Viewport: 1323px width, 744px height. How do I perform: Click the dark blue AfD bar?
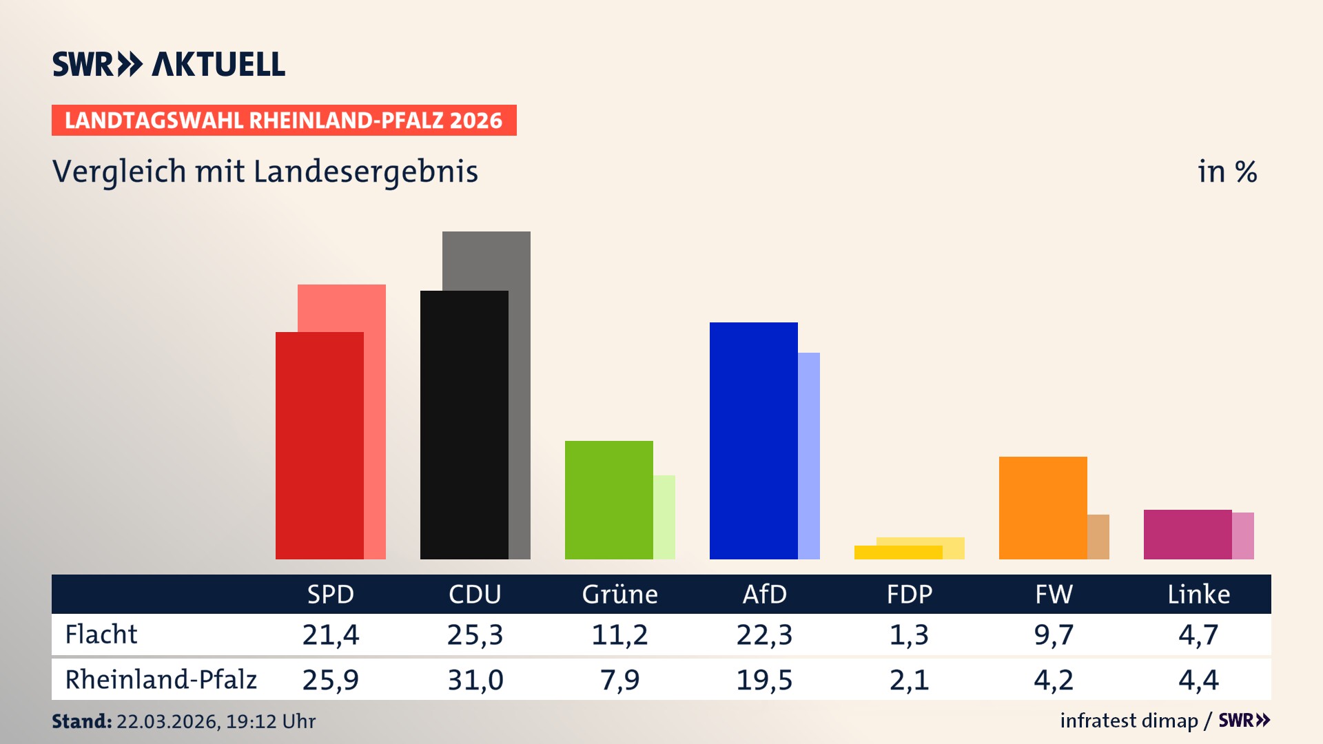click(753, 440)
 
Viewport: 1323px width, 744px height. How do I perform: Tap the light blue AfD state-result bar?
click(809, 455)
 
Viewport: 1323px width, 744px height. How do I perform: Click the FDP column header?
click(910, 594)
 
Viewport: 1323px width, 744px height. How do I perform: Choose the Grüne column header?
click(619, 594)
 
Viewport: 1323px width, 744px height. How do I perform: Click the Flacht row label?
click(101, 634)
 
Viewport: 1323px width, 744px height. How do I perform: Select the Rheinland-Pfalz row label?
click(161, 679)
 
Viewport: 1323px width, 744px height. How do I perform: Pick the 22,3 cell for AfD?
click(764, 634)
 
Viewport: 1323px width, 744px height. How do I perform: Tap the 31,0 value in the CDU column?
click(475, 680)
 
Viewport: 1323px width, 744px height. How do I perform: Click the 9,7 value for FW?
click(1054, 634)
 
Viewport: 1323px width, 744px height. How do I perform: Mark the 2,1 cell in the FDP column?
click(909, 680)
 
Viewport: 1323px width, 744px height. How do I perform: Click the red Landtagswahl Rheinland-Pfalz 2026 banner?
click(284, 120)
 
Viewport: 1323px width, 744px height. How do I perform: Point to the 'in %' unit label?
click(1227, 172)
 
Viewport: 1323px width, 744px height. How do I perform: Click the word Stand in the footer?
click(81, 721)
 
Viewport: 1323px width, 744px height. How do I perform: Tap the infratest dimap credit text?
click(1129, 721)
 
